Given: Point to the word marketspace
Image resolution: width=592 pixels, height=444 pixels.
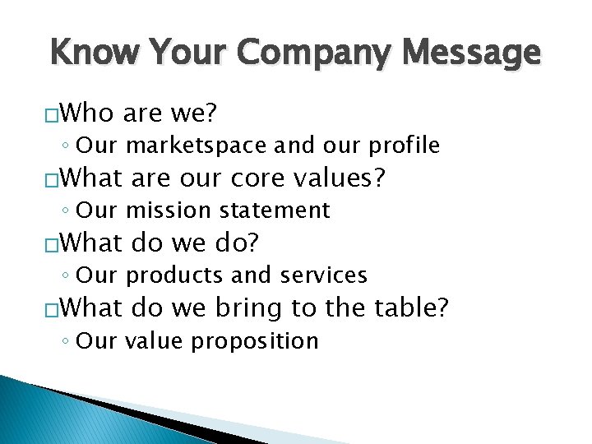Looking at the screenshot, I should [197, 146].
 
